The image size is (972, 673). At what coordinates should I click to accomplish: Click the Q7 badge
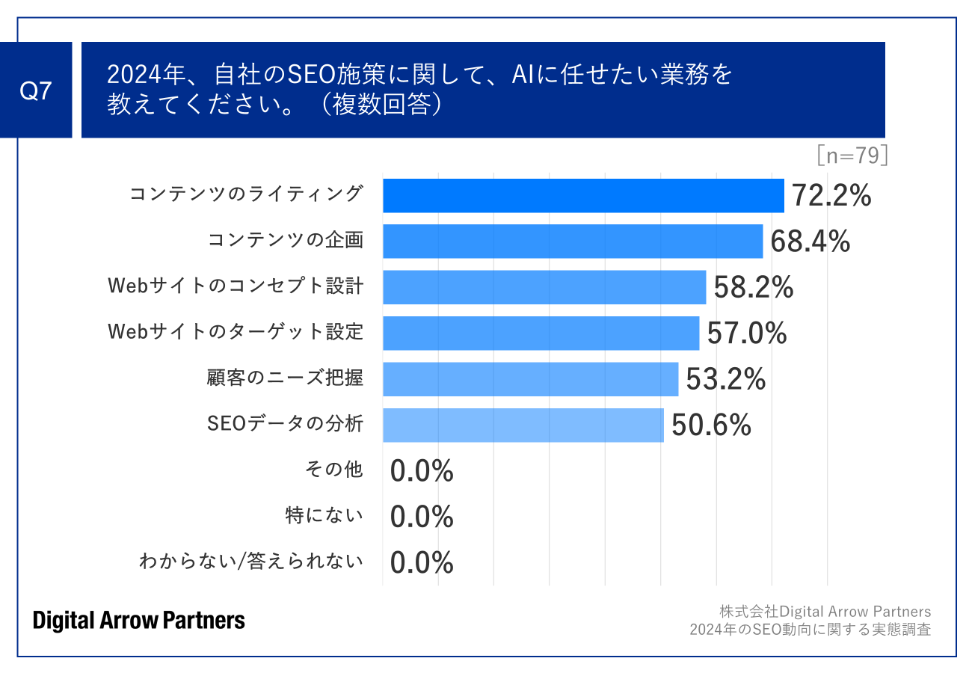coord(36,90)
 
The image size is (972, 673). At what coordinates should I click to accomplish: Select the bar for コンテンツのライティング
coord(583,196)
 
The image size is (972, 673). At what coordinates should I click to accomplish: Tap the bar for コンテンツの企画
coord(573,242)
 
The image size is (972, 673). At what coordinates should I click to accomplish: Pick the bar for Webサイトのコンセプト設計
coord(544,287)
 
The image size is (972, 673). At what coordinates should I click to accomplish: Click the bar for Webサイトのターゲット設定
coord(541,333)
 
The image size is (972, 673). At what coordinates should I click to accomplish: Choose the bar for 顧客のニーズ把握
coord(530,379)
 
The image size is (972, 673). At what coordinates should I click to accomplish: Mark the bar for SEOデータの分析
coord(523,425)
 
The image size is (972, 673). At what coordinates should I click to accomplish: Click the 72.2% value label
coord(831,196)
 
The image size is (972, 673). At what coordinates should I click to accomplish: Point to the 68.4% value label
coord(810,242)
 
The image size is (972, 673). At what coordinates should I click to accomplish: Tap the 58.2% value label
coord(754,288)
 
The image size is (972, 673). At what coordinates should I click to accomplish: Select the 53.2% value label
coord(726,379)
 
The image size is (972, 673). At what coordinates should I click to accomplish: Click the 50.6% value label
coord(711,425)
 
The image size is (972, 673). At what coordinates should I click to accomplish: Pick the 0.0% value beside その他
coord(422,471)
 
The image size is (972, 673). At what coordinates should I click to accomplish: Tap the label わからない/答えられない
coord(251,562)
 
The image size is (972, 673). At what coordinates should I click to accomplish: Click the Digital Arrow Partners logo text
coord(139,620)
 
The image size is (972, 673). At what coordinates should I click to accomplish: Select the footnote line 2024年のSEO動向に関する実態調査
coord(810,630)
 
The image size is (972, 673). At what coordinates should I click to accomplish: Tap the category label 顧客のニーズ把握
coord(285,378)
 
